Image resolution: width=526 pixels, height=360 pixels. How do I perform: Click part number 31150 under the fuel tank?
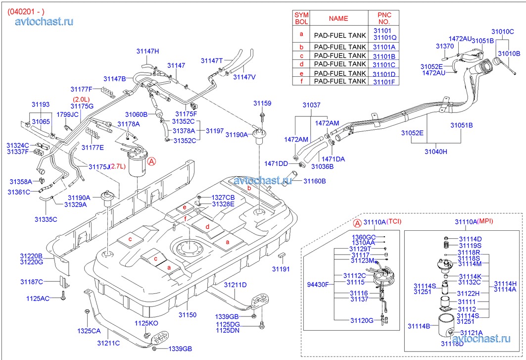(188, 314)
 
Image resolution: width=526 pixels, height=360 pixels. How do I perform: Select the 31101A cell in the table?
(384, 47)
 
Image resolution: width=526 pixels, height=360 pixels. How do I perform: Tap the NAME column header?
(338, 18)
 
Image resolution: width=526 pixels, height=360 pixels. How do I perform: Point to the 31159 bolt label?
(262, 103)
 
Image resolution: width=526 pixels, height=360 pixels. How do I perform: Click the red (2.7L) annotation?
(118, 166)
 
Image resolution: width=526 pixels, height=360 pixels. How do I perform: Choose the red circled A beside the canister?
(152, 162)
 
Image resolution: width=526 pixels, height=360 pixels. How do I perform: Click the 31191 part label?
(281, 269)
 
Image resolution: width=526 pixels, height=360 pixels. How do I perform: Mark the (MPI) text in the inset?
(485, 221)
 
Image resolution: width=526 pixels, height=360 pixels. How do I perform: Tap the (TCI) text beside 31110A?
(394, 221)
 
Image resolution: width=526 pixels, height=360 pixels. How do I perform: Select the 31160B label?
(315, 181)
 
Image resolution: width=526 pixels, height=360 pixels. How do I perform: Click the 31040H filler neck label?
(436, 152)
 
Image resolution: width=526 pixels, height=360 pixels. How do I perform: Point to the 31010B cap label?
(509, 53)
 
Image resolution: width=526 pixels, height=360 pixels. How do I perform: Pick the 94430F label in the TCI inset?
(318, 284)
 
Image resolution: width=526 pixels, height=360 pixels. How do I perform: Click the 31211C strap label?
(108, 343)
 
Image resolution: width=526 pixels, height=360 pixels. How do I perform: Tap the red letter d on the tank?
(207, 227)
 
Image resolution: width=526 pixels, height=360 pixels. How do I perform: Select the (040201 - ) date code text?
(26, 12)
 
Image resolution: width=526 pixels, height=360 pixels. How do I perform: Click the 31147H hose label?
(147, 51)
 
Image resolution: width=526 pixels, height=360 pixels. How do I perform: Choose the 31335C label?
(46, 219)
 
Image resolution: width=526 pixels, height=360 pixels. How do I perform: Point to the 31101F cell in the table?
(384, 82)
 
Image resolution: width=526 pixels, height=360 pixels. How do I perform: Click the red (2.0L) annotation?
(82, 100)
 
